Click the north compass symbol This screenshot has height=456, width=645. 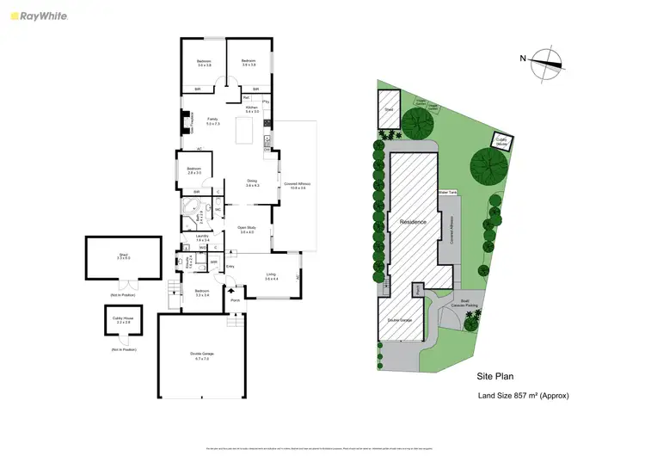(x=547, y=60)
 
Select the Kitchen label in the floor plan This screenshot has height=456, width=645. (x=252, y=108)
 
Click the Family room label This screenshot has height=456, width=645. (x=201, y=121)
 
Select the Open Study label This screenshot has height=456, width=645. (x=249, y=230)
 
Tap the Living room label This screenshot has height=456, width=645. (x=272, y=276)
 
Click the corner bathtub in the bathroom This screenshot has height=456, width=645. (x=189, y=206)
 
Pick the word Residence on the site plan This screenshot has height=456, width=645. (x=414, y=222)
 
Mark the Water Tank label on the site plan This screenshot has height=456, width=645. (x=446, y=193)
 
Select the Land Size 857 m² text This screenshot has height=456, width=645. (x=523, y=396)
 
